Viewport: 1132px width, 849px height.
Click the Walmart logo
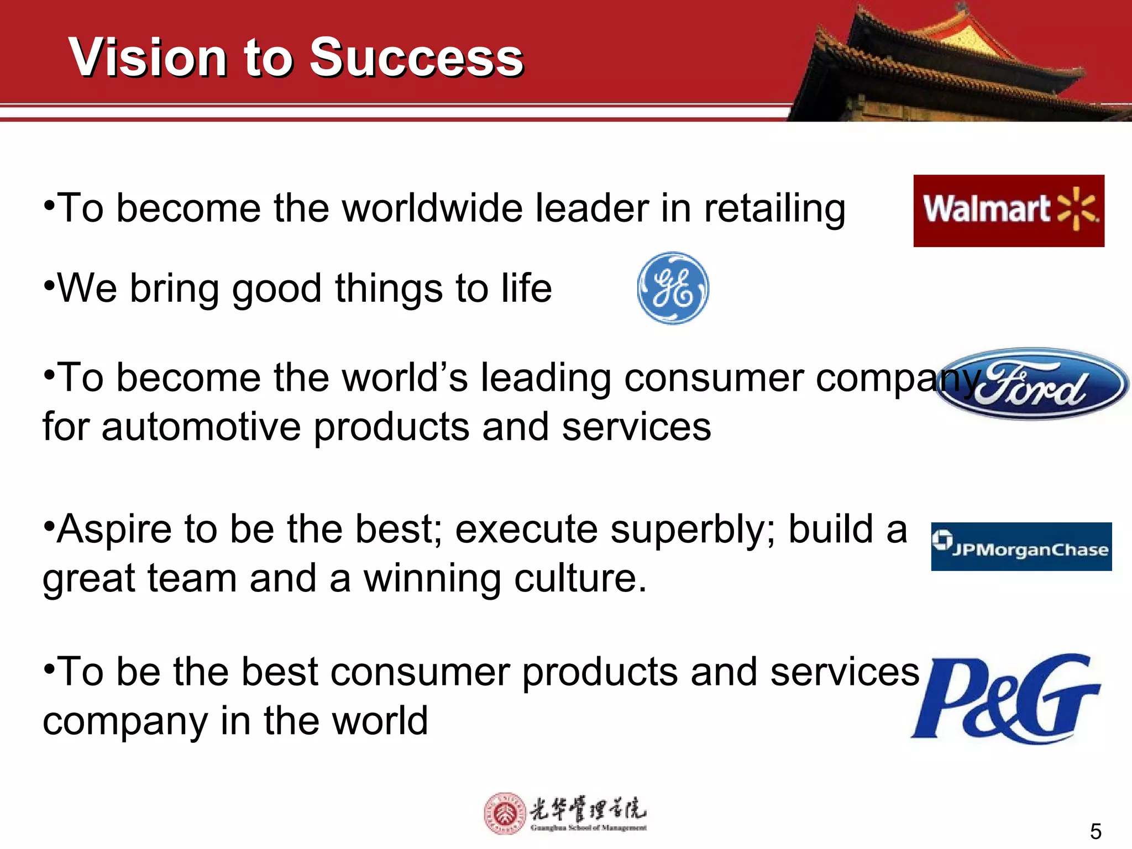pyautogui.click(x=1008, y=211)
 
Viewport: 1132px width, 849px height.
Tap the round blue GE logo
pyautogui.click(x=673, y=288)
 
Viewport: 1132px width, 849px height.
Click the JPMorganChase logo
pyautogui.click(x=1021, y=547)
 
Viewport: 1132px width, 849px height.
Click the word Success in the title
pyautogui.click(x=416, y=57)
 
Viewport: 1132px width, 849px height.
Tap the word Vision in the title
pyautogui.click(x=148, y=57)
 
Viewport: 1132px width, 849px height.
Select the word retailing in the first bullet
pyautogui.click(x=774, y=209)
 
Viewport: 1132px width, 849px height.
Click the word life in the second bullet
pyautogui.click(x=526, y=289)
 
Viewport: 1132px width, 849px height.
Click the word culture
pyautogui.click(x=580, y=579)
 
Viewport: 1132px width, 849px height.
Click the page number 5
pyautogui.click(x=1095, y=831)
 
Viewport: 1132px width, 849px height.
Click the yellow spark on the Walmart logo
pyautogui.click(x=1077, y=208)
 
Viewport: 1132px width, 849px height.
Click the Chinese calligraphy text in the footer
pyautogui.click(x=588, y=809)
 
